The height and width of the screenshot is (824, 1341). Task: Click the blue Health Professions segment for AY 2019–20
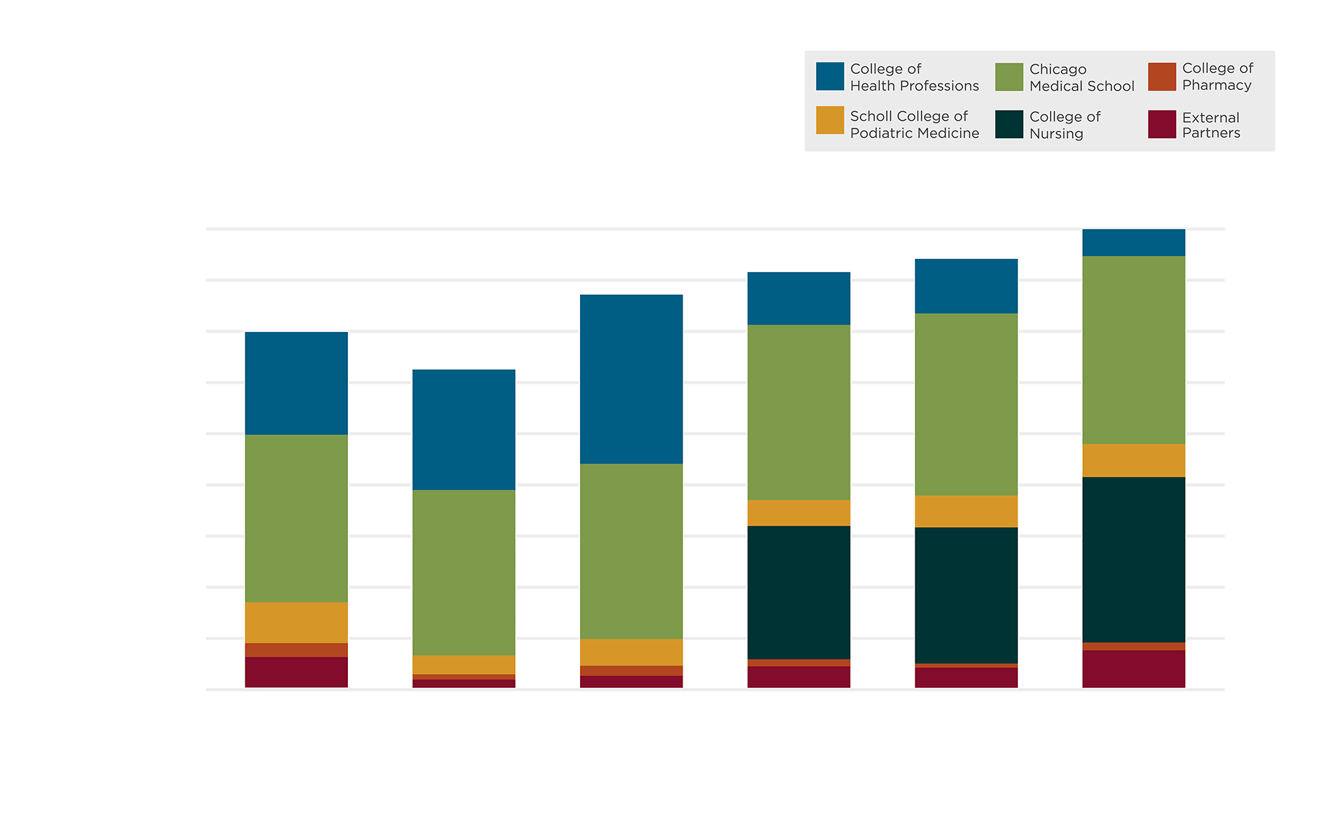tap(296, 383)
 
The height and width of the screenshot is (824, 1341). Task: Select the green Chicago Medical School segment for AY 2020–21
tap(463, 572)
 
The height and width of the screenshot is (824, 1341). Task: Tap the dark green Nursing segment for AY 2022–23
tap(799, 592)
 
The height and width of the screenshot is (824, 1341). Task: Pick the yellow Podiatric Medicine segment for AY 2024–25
tap(1133, 461)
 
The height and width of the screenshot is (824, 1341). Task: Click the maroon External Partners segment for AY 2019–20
tap(296, 672)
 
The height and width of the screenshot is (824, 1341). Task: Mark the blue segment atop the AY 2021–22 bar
tap(631, 379)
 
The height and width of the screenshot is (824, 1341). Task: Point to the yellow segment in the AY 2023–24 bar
tap(966, 512)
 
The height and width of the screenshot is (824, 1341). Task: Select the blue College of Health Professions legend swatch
tap(829, 76)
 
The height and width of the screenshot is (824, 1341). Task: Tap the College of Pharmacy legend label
tap(1217, 76)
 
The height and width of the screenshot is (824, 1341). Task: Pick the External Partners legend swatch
tap(1161, 125)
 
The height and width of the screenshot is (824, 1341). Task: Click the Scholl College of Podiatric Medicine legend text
tap(914, 125)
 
